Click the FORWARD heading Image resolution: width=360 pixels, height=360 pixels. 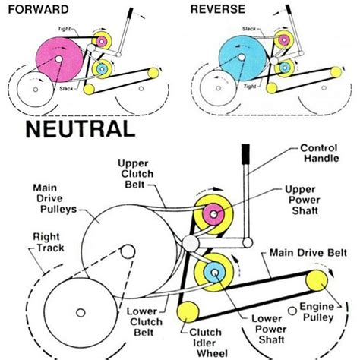(x=39, y=10)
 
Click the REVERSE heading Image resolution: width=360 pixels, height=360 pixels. (x=218, y=9)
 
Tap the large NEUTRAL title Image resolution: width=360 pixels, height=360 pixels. (x=81, y=129)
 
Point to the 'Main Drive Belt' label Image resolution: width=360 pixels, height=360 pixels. (x=308, y=253)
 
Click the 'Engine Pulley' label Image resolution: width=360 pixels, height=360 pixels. (x=317, y=312)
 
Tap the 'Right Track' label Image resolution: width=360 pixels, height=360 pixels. (x=49, y=242)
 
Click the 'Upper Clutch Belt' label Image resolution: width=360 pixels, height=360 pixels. (x=136, y=174)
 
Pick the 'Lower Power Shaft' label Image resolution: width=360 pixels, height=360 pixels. (x=270, y=329)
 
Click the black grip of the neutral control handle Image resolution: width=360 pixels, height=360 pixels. (x=245, y=154)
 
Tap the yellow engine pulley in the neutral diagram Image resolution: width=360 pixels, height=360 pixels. (x=317, y=280)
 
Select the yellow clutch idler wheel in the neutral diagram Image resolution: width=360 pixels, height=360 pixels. (x=188, y=312)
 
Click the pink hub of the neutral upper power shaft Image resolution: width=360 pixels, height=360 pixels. (x=213, y=214)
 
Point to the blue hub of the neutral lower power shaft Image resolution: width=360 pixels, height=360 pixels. (x=214, y=273)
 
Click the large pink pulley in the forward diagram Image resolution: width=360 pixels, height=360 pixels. (x=59, y=59)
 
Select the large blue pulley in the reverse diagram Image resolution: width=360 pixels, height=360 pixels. (x=242, y=58)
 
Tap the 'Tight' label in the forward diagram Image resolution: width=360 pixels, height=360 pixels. (x=65, y=29)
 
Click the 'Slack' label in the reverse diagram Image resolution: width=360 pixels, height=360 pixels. (x=248, y=29)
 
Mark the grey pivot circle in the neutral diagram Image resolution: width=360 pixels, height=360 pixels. (x=191, y=243)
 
